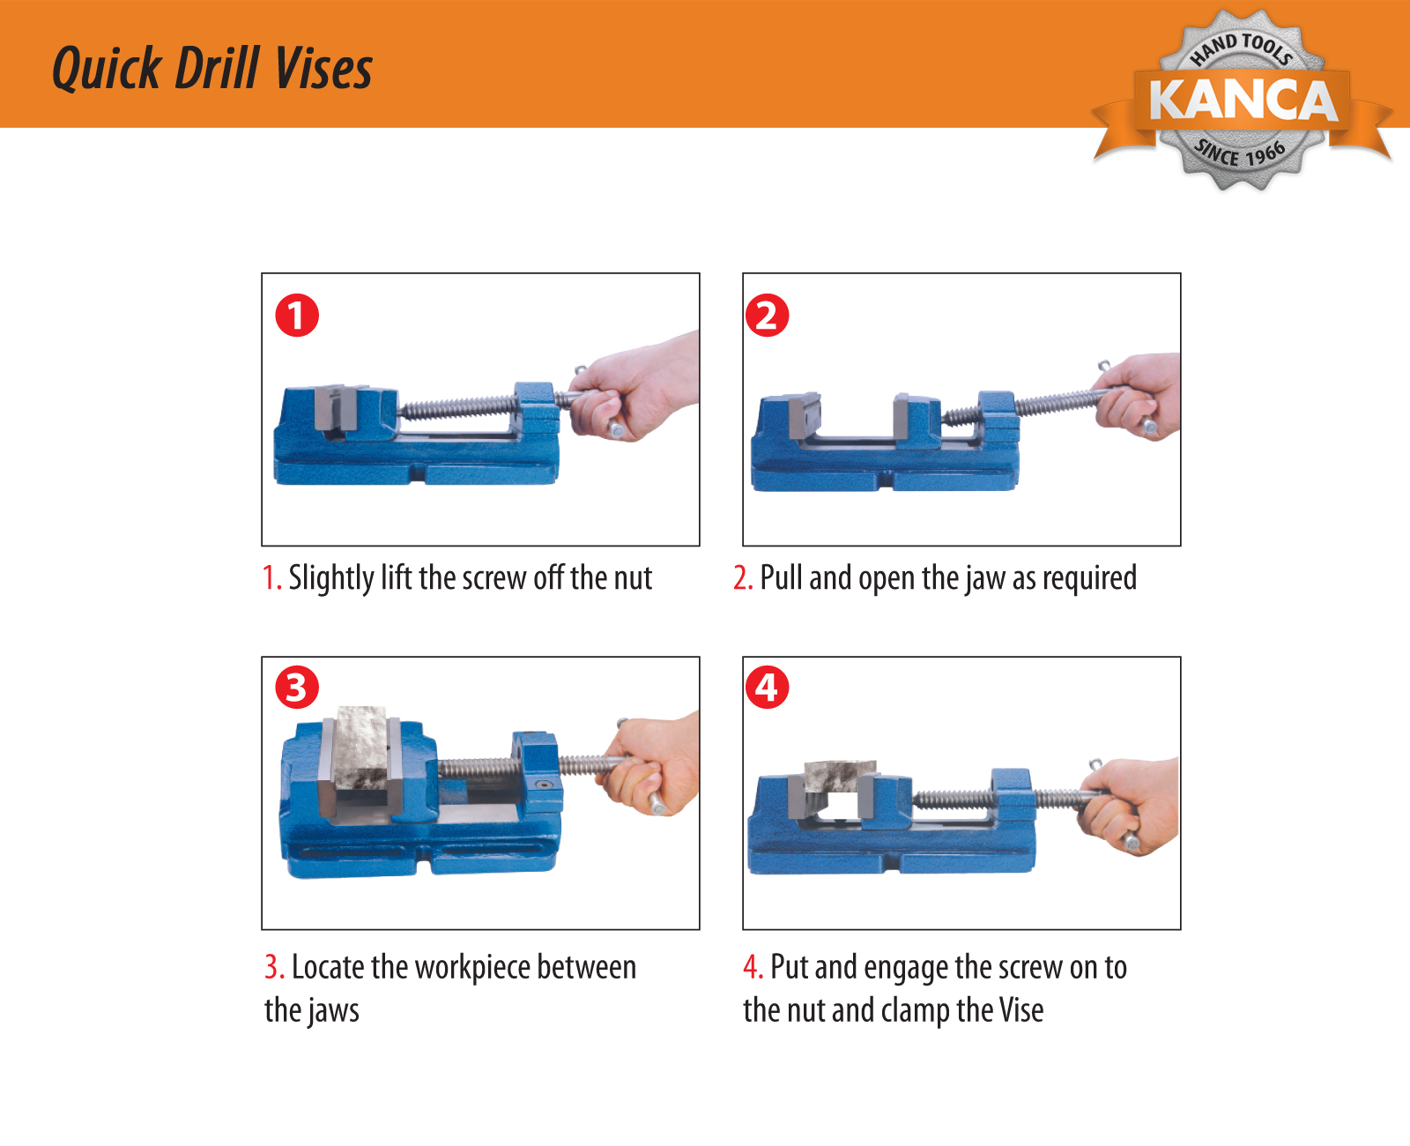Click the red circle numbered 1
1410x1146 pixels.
297,315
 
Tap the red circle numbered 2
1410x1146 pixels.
767,315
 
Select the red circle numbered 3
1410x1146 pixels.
297,688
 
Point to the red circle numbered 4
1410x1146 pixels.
767,688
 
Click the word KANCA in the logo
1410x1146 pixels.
1243,100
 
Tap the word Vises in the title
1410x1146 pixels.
323,68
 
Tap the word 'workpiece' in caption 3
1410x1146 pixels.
472,968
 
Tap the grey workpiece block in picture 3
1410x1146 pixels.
361,748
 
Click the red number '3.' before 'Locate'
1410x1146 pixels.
274,967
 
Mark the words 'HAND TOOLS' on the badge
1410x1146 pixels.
1242,48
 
